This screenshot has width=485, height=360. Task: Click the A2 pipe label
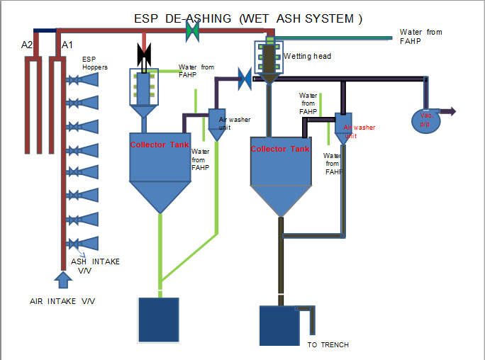tap(27, 45)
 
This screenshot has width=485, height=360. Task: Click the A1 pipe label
tap(67, 45)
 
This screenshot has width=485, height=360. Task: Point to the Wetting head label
tap(306, 56)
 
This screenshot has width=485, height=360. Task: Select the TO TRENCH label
tap(328, 345)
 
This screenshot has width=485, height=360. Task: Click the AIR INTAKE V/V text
tap(62, 301)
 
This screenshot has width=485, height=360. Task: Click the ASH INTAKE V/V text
tap(95, 266)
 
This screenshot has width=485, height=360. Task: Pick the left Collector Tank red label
tap(160, 145)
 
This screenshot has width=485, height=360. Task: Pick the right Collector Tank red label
tap(280, 149)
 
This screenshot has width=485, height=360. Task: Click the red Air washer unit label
tap(359, 131)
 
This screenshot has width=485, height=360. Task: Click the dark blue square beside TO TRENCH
tap(279, 327)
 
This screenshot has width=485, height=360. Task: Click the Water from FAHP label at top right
tap(420, 36)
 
